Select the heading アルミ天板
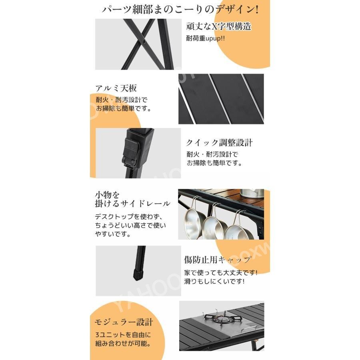click(116, 88)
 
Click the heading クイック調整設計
click(219, 143)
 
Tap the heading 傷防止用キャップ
click(218, 260)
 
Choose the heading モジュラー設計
click(124, 322)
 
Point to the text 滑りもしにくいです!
click(215, 281)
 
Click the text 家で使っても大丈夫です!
click(221, 272)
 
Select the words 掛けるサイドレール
click(132, 204)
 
